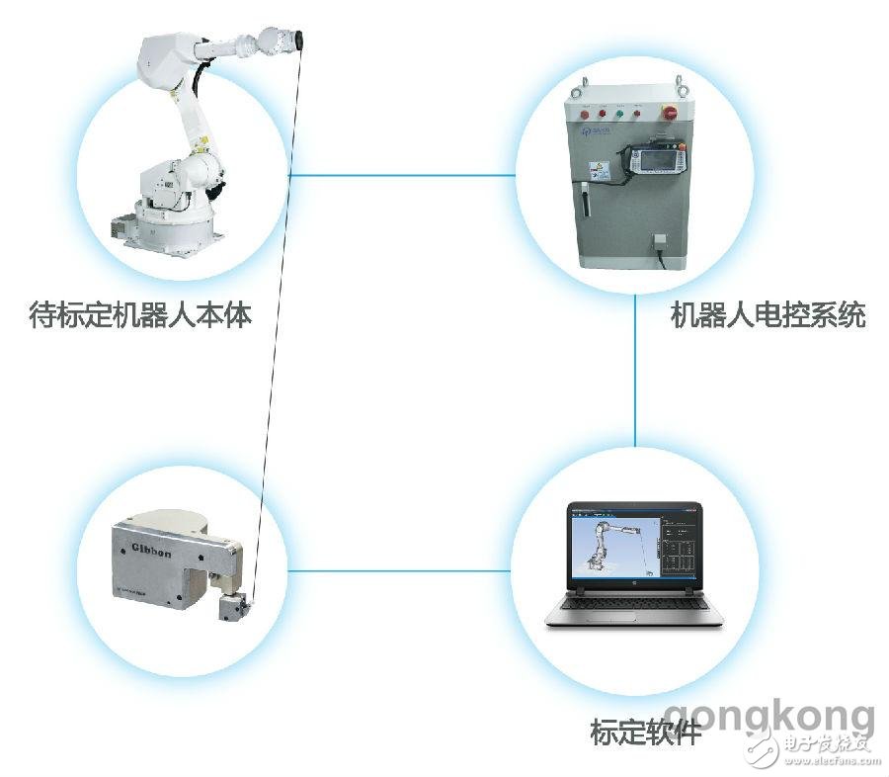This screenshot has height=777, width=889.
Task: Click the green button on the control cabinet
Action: [617, 112]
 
